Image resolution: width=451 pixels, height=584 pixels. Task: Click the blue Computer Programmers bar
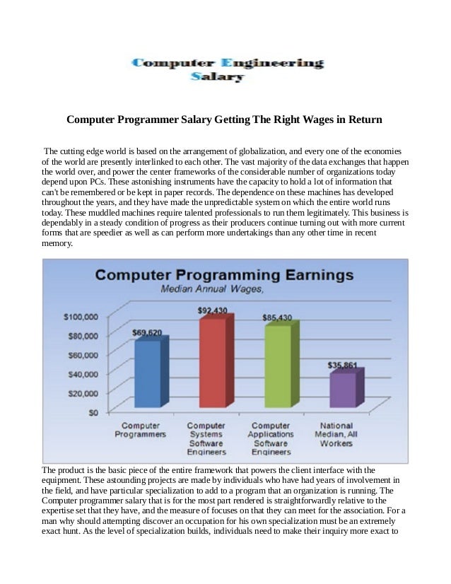(148, 373)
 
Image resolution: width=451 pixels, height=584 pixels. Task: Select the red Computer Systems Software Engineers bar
(212, 363)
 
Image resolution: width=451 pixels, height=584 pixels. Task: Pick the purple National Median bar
(344, 390)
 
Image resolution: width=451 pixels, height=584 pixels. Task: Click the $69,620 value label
(147, 332)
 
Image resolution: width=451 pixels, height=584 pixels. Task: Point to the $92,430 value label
(211, 310)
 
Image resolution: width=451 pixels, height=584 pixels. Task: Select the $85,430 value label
(278, 316)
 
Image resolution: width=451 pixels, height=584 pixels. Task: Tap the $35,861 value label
(343, 366)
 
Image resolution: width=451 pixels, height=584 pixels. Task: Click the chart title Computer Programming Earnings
(225, 274)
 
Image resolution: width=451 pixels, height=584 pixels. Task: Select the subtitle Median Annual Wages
(201, 289)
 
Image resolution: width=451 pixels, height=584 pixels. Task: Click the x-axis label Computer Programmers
(141, 429)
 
